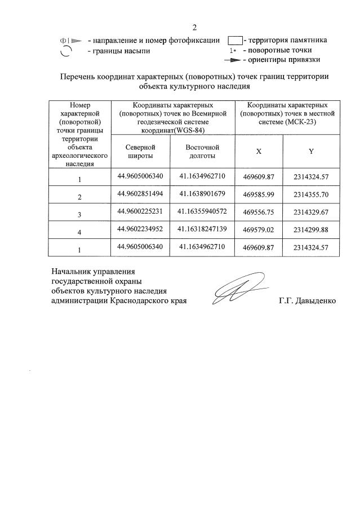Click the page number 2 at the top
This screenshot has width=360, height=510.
point(194,27)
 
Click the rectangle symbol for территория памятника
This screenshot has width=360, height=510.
point(234,41)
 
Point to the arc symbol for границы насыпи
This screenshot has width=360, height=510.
point(66,51)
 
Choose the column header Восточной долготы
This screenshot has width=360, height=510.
point(202,151)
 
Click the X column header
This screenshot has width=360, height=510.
point(259,152)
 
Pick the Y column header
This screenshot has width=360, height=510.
point(311,152)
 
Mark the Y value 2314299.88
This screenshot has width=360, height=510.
point(311,230)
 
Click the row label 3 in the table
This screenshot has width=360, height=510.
point(80,214)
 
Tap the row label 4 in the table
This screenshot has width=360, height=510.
point(80,232)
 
